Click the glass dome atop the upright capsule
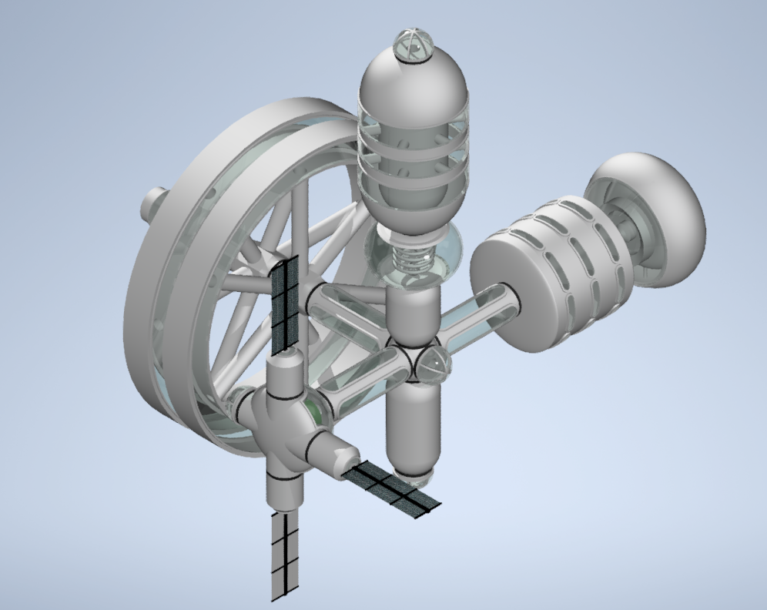pos(412,46)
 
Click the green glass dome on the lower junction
pos(313,411)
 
